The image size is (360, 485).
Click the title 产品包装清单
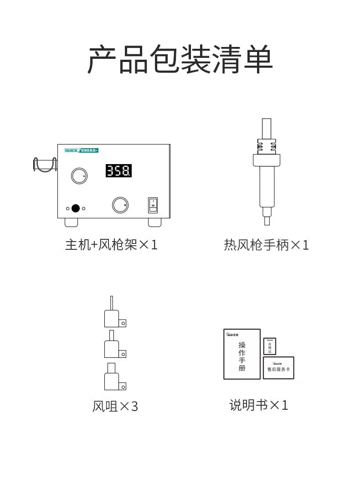pos(180,59)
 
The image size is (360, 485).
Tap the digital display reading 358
pos(119,171)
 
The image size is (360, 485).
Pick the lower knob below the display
pos(120,205)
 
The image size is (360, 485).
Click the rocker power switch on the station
pos(153,205)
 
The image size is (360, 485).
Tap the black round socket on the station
pos(76,208)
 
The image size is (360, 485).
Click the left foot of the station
pos(72,222)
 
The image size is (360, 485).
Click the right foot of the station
pos(155,222)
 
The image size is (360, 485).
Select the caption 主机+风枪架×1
pos(111,245)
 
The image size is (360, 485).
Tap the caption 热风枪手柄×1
pos(266,245)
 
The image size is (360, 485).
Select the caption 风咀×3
pos(115,406)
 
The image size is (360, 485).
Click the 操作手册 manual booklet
pos(242,354)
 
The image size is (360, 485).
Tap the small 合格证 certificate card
pos(270,346)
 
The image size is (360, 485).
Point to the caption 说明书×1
pos(258,405)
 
